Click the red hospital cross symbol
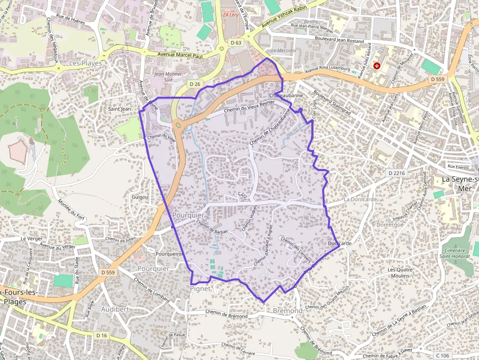tap(377, 66)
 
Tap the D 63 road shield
tap(236, 43)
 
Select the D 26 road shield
tap(195, 84)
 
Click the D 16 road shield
tap(101, 335)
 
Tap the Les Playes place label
tap(86, 64)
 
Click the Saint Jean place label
tap(120, 109)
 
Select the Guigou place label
tap(140, 197)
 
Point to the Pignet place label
tap(200, 289)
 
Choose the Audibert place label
tap(115, 309)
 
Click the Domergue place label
tap(390, 225)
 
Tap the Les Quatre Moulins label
tap(400, 273)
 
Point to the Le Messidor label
tap(283, 50)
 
